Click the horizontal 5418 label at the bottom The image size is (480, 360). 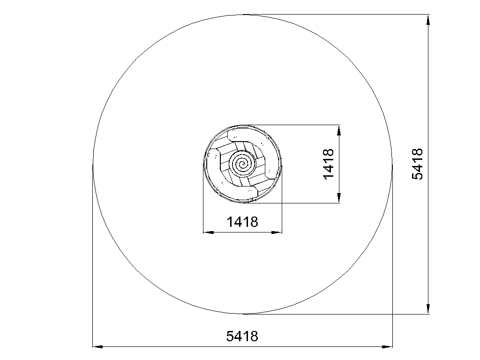pyautogui.click(x=242, y=336)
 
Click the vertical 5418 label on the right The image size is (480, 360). pyautogui.click(x=418, y=164)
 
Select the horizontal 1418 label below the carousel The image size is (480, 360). pyautogui.click(x=242, y=222)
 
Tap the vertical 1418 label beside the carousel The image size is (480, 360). pyautogui.click(x=329, y=164)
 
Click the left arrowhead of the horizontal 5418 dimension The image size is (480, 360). pyautogui.click(x=97, y=347)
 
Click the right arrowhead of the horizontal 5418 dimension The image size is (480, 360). pyautogui.click(x=387, y=347)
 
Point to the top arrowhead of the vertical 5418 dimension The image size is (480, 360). pyautogui.click(x=428, y=19)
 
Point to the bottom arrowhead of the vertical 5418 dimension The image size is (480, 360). pyautogui.click(x=428, y=308)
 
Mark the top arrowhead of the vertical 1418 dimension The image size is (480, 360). pyautogui.click(x=339, y=130)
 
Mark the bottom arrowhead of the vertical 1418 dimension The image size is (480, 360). pyautogui.click(x=339, y=198)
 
